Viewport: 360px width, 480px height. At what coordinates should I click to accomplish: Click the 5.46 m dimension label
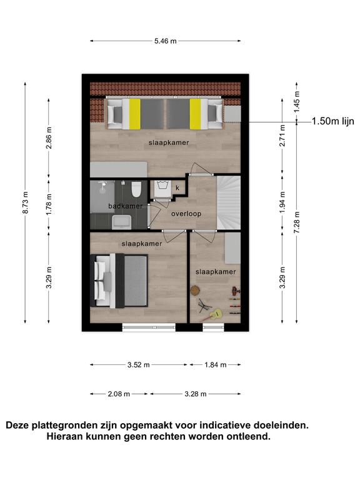[x=165, y=41]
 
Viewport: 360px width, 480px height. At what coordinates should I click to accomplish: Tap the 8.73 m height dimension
[x=26, y=202]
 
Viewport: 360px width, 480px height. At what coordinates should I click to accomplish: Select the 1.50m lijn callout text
[x=332, y=121]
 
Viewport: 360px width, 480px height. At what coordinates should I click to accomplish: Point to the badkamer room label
[x=125, y=206]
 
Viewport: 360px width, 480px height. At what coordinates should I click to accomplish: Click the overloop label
[x=186, y=214]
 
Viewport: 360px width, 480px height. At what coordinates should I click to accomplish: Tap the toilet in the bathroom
[x=136, y=189]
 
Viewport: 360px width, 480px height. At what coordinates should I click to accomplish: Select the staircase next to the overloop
[x=229, y=202]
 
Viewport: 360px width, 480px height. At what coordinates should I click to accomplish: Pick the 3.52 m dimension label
[x=138, y=364]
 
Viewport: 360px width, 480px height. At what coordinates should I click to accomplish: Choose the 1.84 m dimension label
[x=215, y=364]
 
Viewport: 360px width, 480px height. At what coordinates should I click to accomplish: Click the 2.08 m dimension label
[x=119, y=394]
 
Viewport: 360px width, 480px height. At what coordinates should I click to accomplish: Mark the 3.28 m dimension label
[x=195, y=394]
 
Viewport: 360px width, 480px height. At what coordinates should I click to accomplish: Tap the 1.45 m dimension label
[x=297, y=102]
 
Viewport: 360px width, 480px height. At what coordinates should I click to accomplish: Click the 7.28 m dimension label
[x=297, y=222]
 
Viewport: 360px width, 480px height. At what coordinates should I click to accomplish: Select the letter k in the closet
[x=177, y=188]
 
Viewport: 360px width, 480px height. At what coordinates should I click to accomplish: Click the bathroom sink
[x=121, y=222]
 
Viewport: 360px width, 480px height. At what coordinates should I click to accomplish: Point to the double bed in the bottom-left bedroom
[x=119, y=281]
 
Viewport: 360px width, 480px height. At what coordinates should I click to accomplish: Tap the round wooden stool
[x=195, y=290]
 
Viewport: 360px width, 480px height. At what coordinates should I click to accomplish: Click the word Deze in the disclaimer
[x=17, y=425]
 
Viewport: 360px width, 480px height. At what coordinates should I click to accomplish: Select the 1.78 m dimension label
[x=49, y=204]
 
